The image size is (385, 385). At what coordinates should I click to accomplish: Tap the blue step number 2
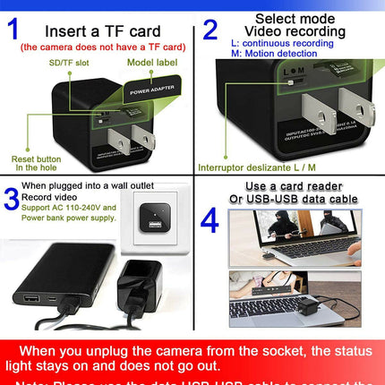pos(210,30)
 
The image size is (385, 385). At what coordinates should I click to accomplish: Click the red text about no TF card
pos(102,47)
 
